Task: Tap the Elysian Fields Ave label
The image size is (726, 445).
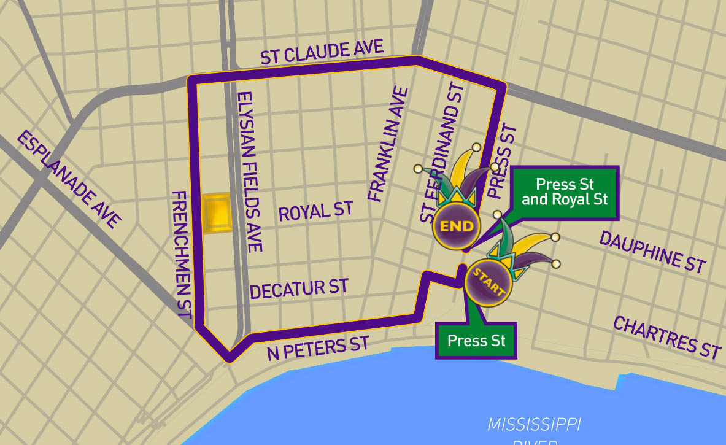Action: pyautogui.click(x=250, y=172)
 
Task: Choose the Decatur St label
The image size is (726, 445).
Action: pyautogui.click(x=299, y=288)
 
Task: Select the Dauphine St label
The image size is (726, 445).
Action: pyautogui.click(x=652, y=252)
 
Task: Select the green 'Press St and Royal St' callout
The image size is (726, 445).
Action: pyautogui.click(x=563, y=192)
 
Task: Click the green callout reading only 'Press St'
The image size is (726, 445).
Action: pyautogui.click(x=476, y=340)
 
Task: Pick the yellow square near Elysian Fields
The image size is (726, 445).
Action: pyautogui.click(x=216, y=213)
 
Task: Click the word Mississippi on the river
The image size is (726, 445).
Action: pyautogui.click(x=534, y=424)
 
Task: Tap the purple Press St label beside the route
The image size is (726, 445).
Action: pyautogui.click(x=503, y=162)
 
